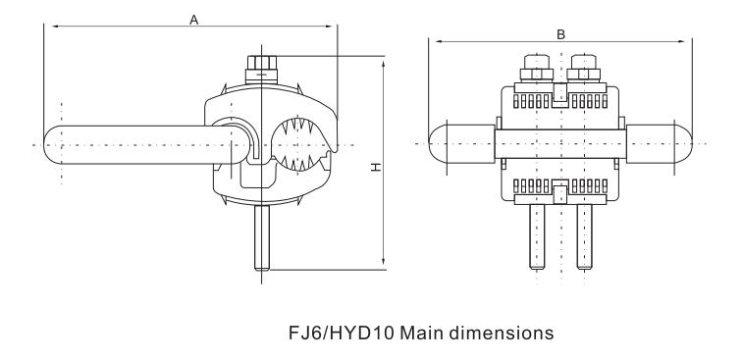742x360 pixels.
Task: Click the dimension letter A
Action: coord(193,20)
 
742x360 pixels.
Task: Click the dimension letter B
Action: coord(560,34)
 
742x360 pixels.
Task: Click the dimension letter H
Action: coord(376,167)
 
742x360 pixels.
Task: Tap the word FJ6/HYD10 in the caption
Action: coord(342,334)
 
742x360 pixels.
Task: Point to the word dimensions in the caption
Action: coord(502,334)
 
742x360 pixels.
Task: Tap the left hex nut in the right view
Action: coord(537,74)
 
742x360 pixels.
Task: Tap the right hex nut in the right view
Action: coord(583,74)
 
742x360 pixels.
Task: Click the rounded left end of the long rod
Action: coord(51,145)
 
